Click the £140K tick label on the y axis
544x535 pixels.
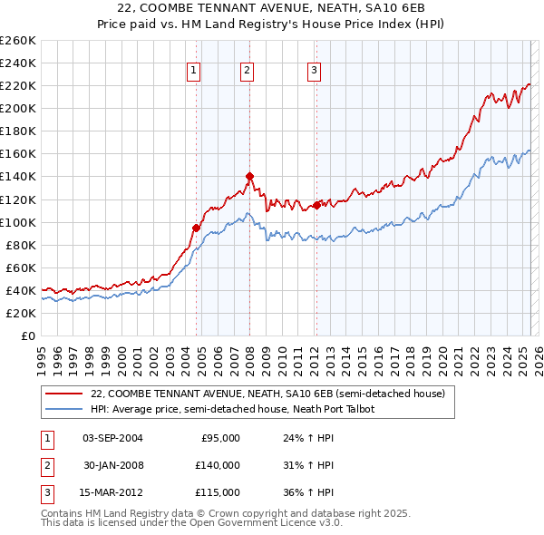(x=18, y=177)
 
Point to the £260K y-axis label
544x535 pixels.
(x=18, y=41)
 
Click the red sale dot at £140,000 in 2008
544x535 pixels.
(x=249, y=176)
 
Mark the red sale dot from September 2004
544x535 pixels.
(x=196, y=228)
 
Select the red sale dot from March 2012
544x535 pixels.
(x=316, y=205)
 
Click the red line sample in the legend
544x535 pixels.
(x=63, y=394)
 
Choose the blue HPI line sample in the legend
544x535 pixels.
(x=63, y=409)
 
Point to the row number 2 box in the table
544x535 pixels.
(x=46, y=465)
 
